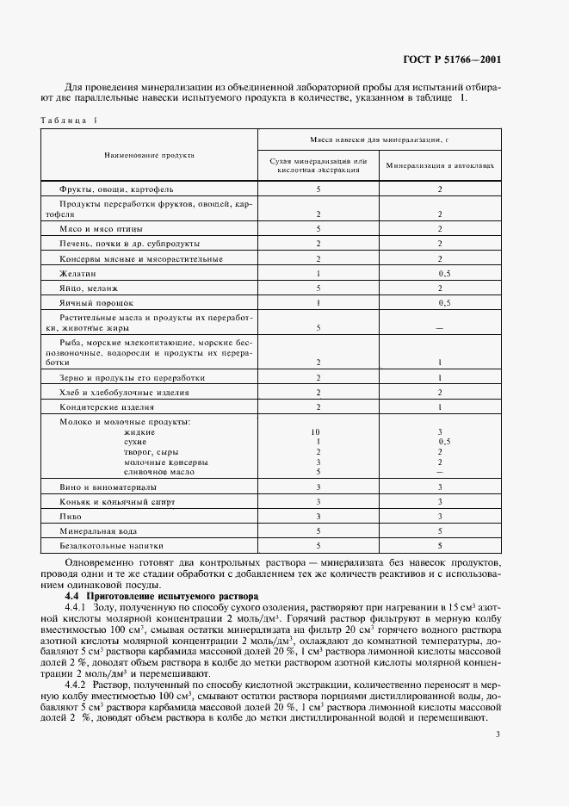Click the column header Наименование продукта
click(149, 155)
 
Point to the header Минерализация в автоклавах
click(439, 165)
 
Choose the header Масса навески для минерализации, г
click(380, 138)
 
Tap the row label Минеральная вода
click(97, 530)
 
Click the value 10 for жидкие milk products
click(318, 431)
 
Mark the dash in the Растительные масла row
click(440, 327)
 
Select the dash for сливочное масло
click(440, 471)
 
